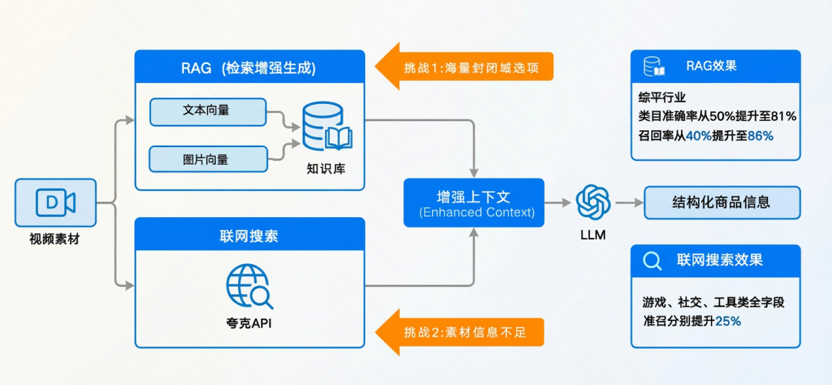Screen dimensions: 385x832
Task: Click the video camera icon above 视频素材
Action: coord(55,203)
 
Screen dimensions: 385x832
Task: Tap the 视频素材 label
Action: coord(55,239)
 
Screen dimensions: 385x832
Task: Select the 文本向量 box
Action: coord(207,111)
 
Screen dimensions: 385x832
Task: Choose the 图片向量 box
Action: coord(207,159)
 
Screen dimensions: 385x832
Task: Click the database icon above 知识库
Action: coord(327,127)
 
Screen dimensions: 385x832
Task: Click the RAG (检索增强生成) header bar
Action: coord(250,68)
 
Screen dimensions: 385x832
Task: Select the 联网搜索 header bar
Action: coord(250,236)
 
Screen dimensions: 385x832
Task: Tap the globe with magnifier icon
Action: coord(248,286)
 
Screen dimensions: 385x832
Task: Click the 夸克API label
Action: coord(248,323)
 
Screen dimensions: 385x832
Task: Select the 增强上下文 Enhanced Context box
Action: coord(474,203)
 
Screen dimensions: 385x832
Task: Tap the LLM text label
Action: coord(593,235)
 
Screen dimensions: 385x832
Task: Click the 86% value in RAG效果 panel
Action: coord(760,136)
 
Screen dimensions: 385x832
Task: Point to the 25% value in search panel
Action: coord(728,321)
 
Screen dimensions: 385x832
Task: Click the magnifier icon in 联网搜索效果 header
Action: coord(653,260)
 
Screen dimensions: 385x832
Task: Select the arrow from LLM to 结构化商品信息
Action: coord(629,203)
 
